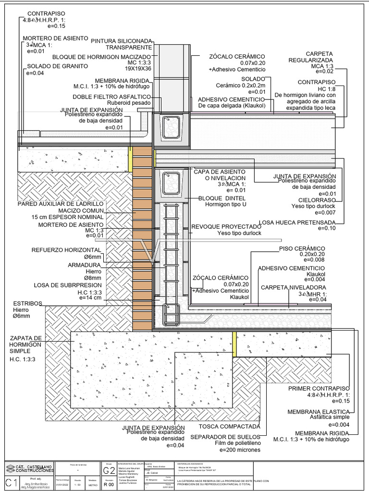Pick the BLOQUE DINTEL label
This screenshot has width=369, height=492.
[222, 198]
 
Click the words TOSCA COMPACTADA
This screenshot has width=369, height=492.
[229, 426]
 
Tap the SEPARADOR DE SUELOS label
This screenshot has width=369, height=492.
[225, 437]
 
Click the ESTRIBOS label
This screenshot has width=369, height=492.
[27, 303]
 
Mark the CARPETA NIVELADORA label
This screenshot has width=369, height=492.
[294, 287]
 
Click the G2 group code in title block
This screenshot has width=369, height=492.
[109, 469]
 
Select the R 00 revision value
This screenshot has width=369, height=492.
[109, 485]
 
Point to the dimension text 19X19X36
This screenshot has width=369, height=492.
[139, 69]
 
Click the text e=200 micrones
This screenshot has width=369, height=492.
[240, 450]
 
